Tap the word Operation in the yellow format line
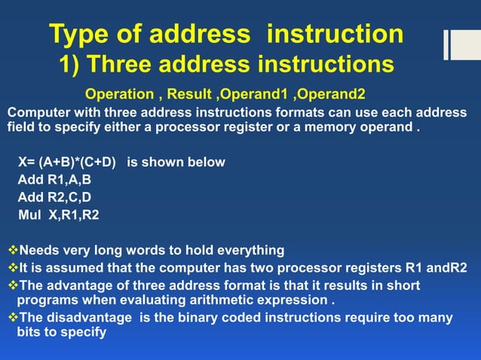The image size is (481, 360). [118, 96]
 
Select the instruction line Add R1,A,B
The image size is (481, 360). [56, 180]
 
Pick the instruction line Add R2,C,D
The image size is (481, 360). [56, 198]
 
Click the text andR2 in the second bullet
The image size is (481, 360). [447, 268]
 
